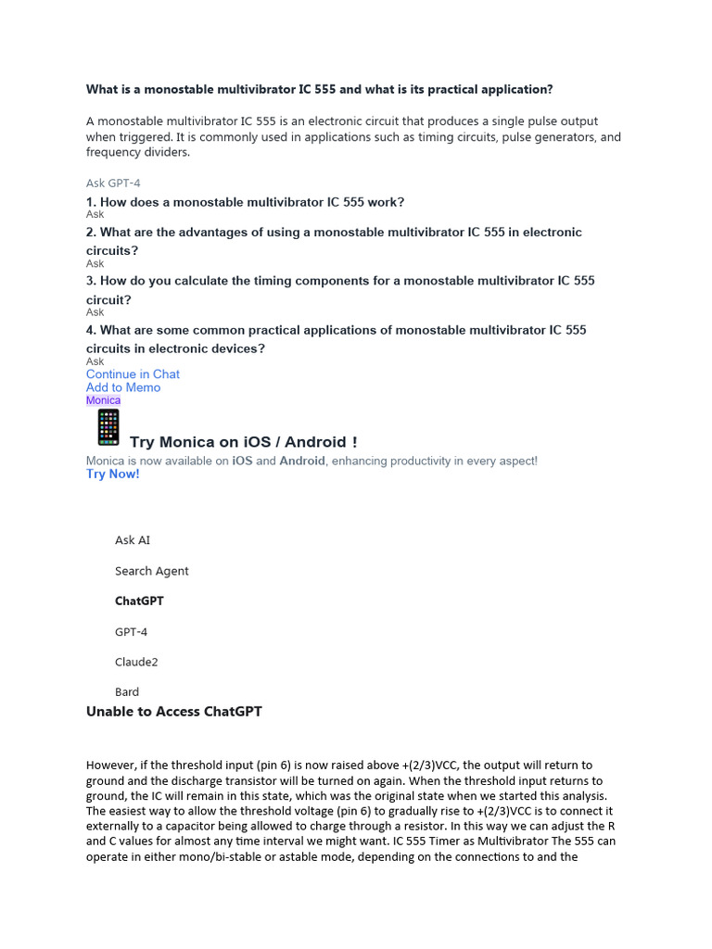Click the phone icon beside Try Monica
point(108,428)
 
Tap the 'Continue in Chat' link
point(133,374)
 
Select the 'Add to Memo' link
point(123,387)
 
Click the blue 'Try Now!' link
point(112,474)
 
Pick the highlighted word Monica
point(103,400)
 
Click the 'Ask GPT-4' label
point(113,183)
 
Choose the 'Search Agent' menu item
point(151,571)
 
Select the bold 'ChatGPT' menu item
point(139,601)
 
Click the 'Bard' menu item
point(127,691)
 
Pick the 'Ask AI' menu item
point(133,539)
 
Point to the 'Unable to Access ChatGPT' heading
point(174,711)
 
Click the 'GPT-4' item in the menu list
point(131,631)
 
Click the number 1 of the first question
point(90,202)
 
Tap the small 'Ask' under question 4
point(95,361)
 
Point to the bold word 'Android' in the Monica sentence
point(302,461)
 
